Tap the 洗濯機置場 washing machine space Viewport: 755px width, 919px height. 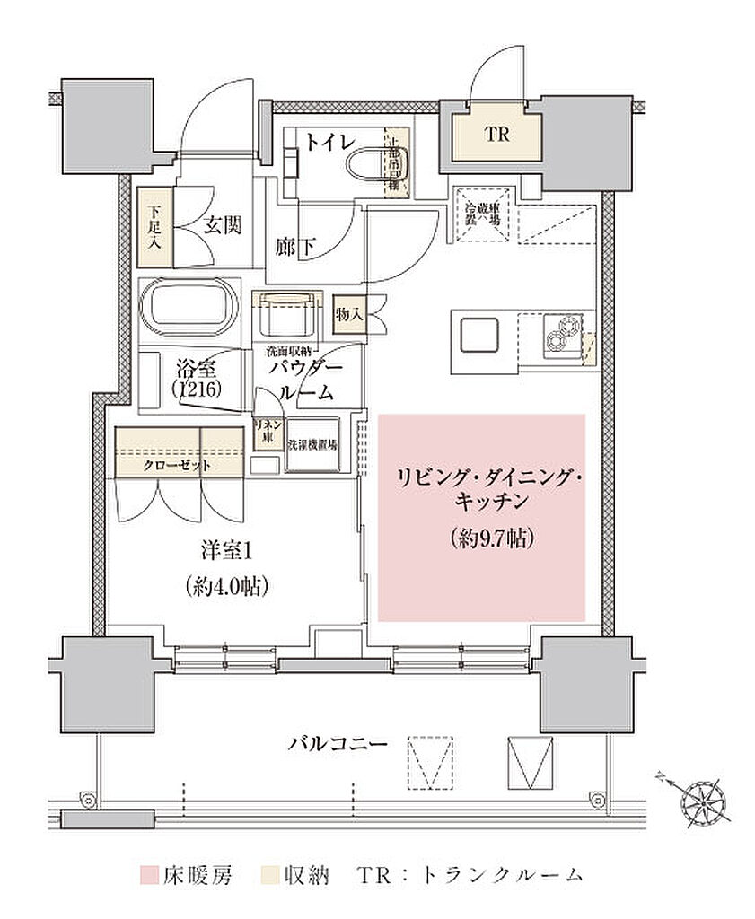[312, 444]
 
